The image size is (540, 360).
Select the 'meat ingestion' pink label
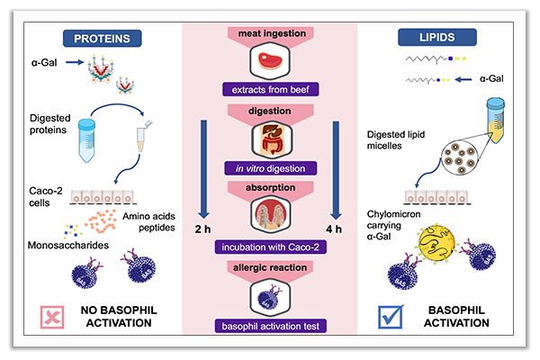[271, 34]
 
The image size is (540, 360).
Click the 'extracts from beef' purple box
[271, 91]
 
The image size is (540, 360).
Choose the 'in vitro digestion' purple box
[271, 168]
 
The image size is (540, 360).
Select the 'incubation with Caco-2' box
[271, 246]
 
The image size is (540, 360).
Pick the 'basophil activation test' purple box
[271, 325]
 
